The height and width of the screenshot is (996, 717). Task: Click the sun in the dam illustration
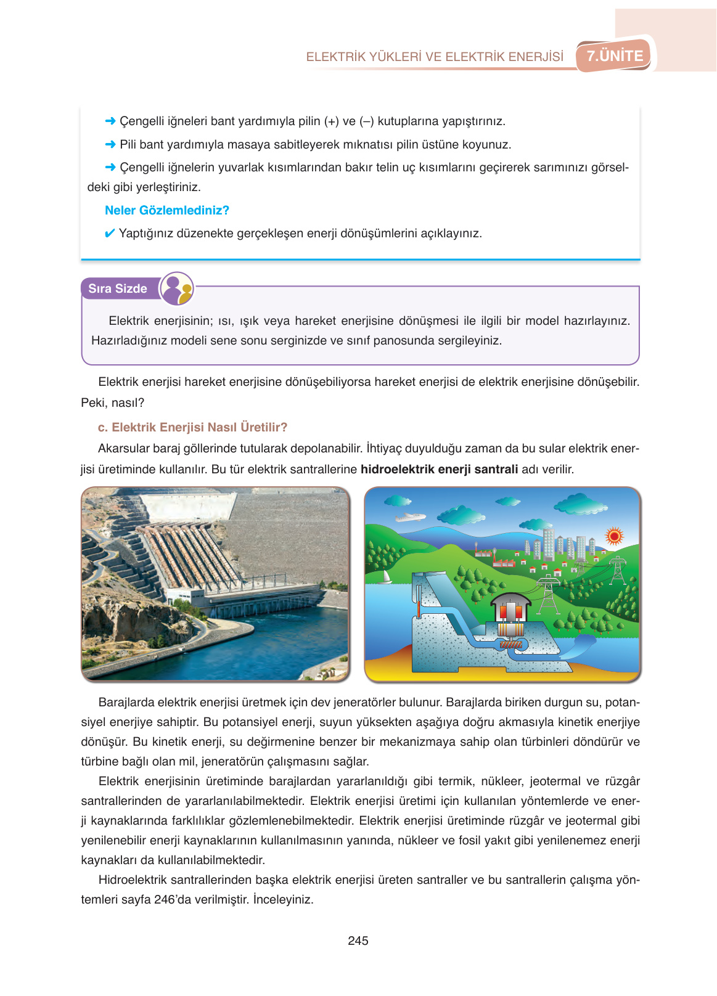pyautogui.click(x=613, y=536)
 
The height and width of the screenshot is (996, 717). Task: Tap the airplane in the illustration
pyautogui.click(x=409, y=518)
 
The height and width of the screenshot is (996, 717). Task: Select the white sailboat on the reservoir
pyautogui.click(x=387, y=578)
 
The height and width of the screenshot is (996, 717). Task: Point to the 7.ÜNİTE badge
pyautogui.click(x=615, y=56)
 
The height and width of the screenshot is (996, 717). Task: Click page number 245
pyautogui.click(x=358, y=941)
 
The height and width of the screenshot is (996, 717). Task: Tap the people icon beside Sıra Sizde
pyautogui.click(x=177, y=288)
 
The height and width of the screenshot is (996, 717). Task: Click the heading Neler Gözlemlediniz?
pyautogui.click(x=166, y=210)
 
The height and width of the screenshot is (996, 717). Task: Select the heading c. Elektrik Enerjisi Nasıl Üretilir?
pyautogui.click(x=192, y=427)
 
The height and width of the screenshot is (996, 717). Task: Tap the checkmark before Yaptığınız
pyautogui.click(x=109, y=234)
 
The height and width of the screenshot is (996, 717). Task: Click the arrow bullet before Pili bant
pyautogui.click(x=110, y=144)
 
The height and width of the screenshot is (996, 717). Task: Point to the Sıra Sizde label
pyautogui.click(x=118, y=288)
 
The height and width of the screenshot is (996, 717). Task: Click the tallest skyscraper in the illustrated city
pyautogui.click(x=548, y=542)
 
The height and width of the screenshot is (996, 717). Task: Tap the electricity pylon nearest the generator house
pyautogui.click(x=547, y=595)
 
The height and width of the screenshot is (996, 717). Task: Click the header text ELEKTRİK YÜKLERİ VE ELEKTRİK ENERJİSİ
pyautogui.click(x=435, y=57)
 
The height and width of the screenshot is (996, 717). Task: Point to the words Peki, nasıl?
pyautogui.click(x=112, y=402)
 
